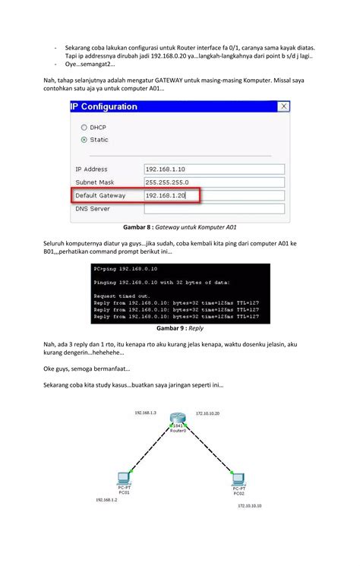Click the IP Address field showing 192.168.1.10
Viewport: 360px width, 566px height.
click(x=213, y=169)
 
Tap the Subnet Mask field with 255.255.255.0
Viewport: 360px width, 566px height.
click(x=213, y=182)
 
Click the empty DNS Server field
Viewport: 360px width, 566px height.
click(x=213, y=209)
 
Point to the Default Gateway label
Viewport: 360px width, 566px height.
click(x=102, y=196)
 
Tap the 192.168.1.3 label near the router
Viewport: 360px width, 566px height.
click(x=145, y=413)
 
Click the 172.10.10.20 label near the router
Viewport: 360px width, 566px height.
click(x=207, y=413)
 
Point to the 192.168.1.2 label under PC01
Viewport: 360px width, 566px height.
click(x=106, y=501)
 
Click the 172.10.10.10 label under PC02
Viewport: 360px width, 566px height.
click(x=249, y=505)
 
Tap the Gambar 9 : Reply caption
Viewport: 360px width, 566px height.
click(x=179, y=328)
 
